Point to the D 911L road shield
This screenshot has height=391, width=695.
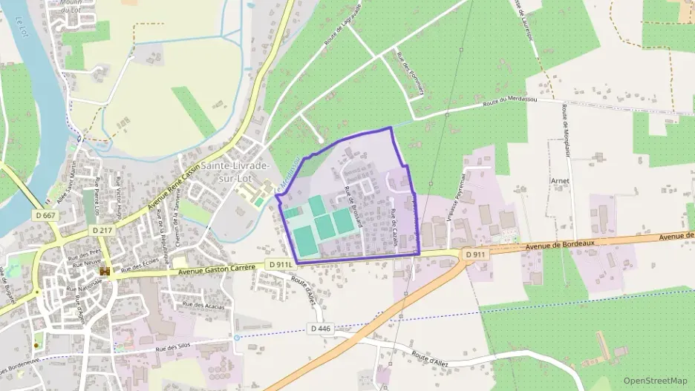pos(281,264)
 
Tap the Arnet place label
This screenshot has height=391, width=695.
pos(561,180)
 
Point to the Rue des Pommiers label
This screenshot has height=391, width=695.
pos(411,73)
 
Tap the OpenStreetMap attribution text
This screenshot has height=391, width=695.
pos(655,381)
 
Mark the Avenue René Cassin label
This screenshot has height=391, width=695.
pos(175,187)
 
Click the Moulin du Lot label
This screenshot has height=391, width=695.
pos(71,6)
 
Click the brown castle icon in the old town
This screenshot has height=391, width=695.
pos(105,272)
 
